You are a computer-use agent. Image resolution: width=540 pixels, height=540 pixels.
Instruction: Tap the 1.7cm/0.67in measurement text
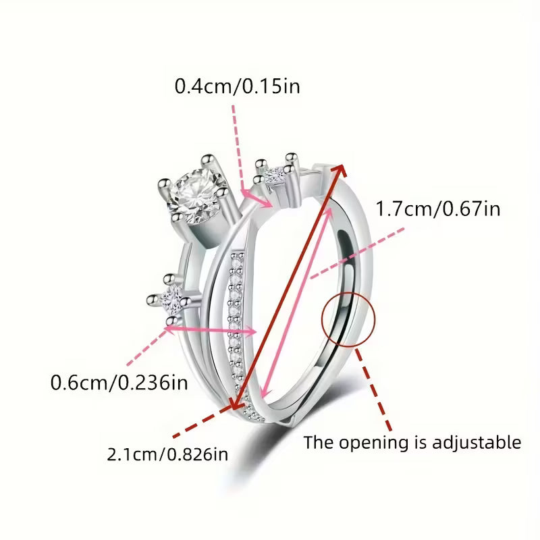(438, 209)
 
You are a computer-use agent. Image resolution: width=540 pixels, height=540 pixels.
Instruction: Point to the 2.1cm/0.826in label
(167, 454)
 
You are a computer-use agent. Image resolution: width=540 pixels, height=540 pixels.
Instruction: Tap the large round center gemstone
(194, 196)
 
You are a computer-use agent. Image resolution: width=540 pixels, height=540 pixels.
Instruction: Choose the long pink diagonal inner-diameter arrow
(297, 300)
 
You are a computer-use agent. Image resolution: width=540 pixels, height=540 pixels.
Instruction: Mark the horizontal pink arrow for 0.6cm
(211, 330)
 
